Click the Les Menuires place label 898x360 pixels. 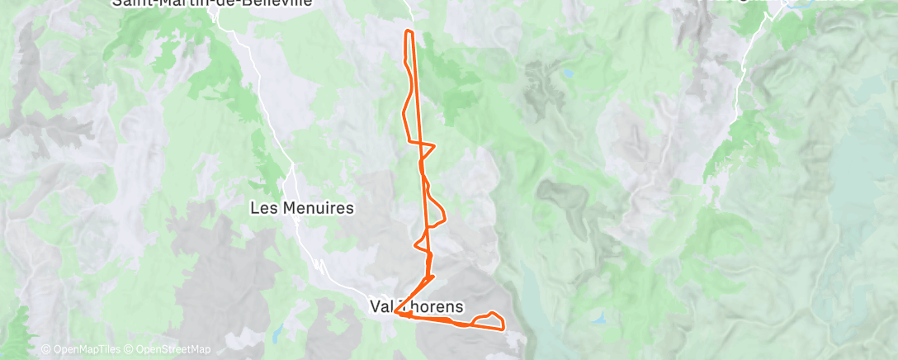click(x=301, y=208)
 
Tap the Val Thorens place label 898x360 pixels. click(x=423, y=306)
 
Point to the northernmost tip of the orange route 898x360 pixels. click(x=408, y=31)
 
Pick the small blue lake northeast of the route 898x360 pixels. click(x=568, y=73)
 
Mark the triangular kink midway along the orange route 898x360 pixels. click(x=426, y=148)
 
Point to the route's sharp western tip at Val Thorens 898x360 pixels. click(x=396, y=312)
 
